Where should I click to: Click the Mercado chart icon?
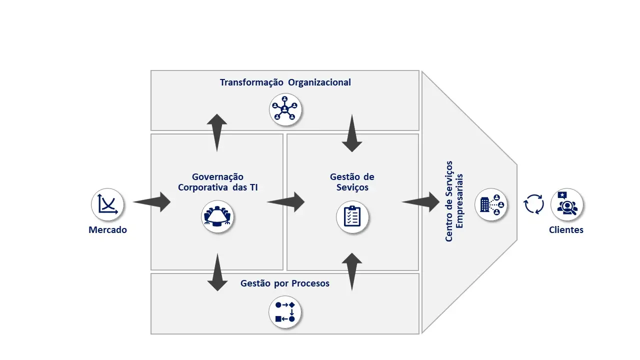tap(107, 204)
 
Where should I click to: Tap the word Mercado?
tap(107, 230)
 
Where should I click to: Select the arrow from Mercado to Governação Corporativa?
tap(152, 202)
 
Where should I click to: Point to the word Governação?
tap(217, 177)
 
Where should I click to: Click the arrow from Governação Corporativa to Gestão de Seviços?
tap(286, 202)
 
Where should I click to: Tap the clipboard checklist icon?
tap(352, 217)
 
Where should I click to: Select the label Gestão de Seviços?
tap(352, 182)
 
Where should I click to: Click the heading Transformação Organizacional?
tap(285, 82)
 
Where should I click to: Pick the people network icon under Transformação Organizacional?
tap(285, 109)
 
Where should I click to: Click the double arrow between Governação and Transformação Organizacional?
tap(217, 132)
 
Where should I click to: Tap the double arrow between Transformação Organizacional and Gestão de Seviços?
tap(352, 133)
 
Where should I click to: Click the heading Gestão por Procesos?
tap(285, 283)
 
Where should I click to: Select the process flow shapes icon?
tap(285, 312)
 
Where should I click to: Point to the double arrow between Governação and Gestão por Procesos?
tap(217, 272)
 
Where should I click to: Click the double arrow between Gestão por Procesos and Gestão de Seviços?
tap(352, 271)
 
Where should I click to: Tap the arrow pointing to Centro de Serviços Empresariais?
tap(421, 202)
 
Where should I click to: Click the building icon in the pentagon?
tap(491, 204)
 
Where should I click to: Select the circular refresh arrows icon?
tap(533, 204)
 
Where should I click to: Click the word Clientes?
tap(566, 230)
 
